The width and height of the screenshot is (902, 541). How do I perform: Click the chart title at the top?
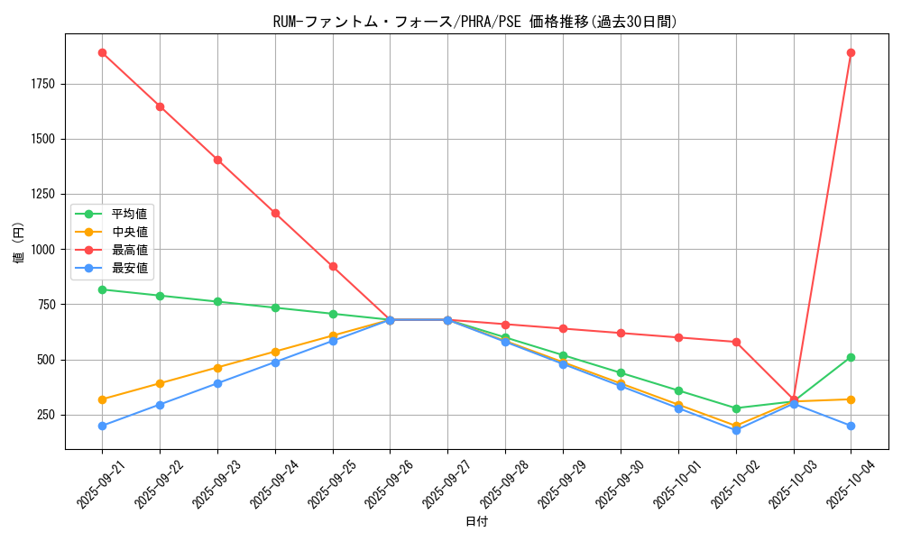(474, 22)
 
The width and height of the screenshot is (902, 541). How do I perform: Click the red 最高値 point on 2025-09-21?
(102, 52)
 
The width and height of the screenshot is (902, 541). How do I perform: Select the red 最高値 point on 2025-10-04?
(851, 52)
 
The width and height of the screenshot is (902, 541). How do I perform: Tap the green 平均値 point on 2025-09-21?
(102, 289)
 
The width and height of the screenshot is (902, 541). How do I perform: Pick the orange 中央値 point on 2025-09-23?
(217, 368)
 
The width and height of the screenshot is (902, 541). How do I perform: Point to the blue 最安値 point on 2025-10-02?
(736, 430)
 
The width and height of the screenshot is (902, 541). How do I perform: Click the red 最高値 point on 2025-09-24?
(275, 213)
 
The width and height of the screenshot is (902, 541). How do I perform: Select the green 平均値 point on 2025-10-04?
(851, 357)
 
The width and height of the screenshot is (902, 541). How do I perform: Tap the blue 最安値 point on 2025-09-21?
(102, 426)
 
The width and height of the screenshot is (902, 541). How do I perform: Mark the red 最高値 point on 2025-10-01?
(678, 337)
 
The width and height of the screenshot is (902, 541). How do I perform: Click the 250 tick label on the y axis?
(46, 415)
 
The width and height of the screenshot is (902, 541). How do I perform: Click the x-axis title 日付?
(476, 522)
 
